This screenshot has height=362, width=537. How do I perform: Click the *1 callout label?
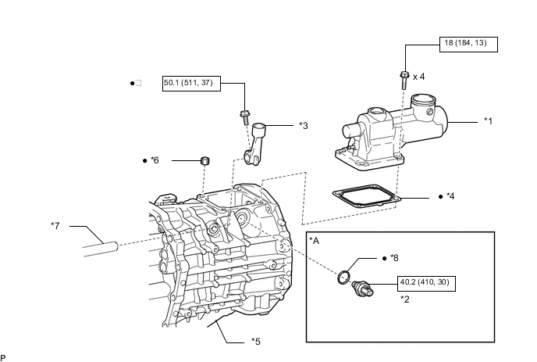[488, 121]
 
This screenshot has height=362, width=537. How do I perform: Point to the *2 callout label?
[405, 299]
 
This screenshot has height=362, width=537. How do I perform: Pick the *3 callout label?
[304, 126]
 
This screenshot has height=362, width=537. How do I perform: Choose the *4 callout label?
[450, 196]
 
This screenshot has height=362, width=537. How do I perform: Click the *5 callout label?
[256, 342]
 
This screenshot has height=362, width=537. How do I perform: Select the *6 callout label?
[155, 160]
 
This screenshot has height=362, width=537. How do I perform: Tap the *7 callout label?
[55, 226]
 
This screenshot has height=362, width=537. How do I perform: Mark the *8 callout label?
[394, 258]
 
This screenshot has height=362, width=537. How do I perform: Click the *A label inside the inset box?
[314, 241]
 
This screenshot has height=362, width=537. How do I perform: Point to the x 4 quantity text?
[419, 77]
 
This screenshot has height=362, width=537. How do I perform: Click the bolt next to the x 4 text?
[404, 80]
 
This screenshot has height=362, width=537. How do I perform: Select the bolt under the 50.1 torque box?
[245, 117]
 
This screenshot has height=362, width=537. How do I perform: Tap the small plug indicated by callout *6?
[204, 160]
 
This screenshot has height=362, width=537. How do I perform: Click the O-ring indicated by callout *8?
[343, 278]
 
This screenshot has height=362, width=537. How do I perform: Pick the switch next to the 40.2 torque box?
[362, 289]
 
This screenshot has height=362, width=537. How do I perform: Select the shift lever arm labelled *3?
[257, 144]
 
